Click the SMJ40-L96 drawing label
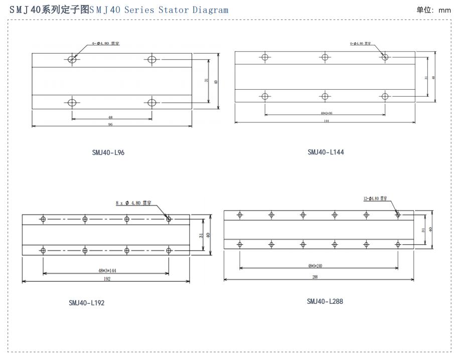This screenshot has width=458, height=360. click(x=108, y=152)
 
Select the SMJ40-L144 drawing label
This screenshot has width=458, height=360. click(x=326, y=152)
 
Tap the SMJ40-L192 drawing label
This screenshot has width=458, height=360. click(x=87, y=302)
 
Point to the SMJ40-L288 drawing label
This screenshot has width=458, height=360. click(x=325, y=301)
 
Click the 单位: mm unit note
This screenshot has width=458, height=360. click(x=434, y=10)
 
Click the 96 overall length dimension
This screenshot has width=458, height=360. click(x=110, y=124)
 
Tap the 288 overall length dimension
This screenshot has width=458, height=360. click(x=315, y=277)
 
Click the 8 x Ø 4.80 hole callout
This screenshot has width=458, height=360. click(x=133, y=203)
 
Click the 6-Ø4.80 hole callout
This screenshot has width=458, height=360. click(x=360, y=44)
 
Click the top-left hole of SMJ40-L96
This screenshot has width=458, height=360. click(x=72, y=60)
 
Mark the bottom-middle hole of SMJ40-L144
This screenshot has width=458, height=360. click(x=325, y=96)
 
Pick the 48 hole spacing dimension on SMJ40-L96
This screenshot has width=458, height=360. click(x=110, y=117)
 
